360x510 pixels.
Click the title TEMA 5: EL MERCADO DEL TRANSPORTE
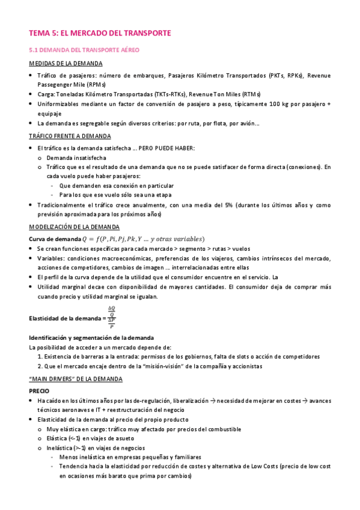(x=100, y=33)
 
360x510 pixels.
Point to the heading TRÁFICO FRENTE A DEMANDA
(x=71, y=136)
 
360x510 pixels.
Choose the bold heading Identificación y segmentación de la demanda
(x=91, y=337)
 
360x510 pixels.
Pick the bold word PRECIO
(x=39, y=390)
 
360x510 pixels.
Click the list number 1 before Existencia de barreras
(x=39, y=357)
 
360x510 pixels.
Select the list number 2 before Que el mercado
(x=39, y=366)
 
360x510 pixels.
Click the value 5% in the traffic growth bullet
(x=230, y=205)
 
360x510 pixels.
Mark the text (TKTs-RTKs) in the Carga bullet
(x=170, y=94)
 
